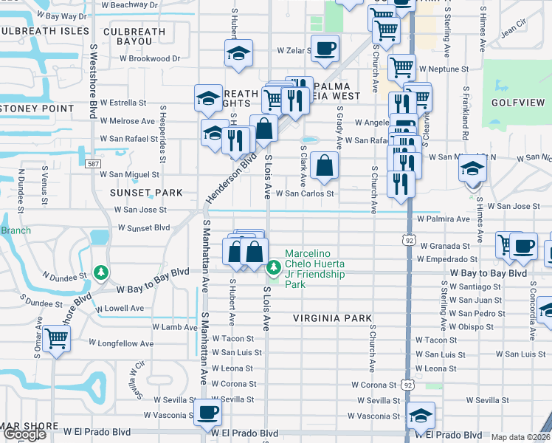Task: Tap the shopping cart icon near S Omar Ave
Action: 56,339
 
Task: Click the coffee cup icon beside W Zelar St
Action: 325,49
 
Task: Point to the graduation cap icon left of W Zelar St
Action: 238,54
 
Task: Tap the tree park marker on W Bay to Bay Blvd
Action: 101,272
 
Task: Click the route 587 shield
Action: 92,163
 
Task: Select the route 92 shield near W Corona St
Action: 408,385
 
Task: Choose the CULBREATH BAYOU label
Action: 134,38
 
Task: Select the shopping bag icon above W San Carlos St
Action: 324,166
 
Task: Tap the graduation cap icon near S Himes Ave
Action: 472,169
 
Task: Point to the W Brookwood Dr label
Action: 150,58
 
